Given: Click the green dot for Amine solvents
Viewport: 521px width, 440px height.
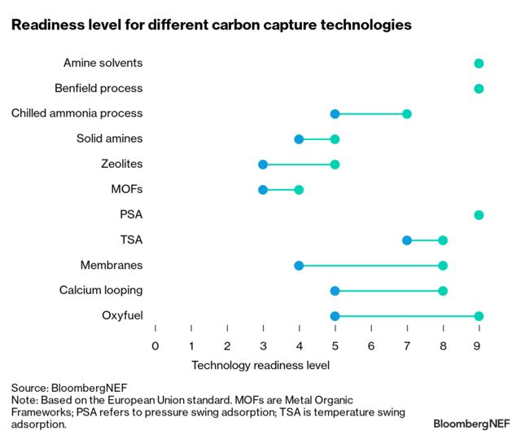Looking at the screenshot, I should pos(479,64).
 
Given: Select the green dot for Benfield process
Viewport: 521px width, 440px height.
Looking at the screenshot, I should pos(479,89).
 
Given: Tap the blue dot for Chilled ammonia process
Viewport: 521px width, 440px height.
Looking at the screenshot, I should pos(335,114).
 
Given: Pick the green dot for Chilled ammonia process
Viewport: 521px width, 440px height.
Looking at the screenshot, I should pos(407,114).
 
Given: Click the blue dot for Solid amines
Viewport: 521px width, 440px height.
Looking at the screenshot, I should pos(299,139).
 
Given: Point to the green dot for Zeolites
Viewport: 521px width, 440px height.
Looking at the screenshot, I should pos(335,165).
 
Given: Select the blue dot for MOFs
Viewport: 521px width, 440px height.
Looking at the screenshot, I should pos(263,190).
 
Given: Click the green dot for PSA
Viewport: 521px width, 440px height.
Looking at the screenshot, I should pos(479,215).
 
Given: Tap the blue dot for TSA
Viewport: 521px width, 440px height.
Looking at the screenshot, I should pos(407,240).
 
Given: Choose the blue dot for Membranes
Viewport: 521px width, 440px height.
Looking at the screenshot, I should pos(299,266).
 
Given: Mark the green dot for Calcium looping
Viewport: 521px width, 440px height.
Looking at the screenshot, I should pos(443,291).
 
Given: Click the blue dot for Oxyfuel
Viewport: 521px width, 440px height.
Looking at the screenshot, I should pos(335,316).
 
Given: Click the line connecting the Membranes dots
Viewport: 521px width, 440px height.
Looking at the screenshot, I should pos(370,266).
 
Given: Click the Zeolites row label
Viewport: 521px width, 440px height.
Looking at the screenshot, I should pos(120,164).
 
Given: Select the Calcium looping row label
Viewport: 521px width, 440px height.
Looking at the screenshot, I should pos(101,290).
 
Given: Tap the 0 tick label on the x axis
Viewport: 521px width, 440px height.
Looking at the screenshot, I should pos(155,345).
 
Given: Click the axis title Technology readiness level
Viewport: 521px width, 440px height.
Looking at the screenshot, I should pos(260,365).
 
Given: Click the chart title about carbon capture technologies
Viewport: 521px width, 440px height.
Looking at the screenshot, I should pos(211,24).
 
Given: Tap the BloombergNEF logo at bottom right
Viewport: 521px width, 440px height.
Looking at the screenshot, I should pos(471,424).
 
